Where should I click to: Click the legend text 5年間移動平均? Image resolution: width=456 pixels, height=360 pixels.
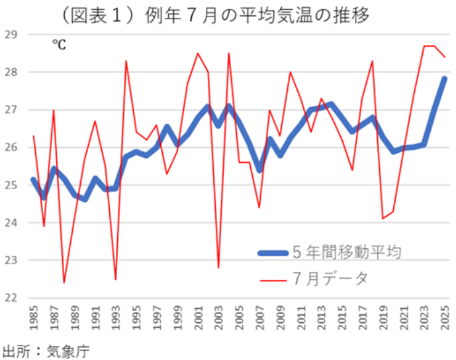(x=353, y=251)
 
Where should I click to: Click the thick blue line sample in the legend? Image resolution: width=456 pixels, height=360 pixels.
(x=272, y=252)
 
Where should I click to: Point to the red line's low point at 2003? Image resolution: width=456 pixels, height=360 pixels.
(x=218, y=267)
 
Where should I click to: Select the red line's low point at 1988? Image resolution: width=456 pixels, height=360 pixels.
(x=64, y=283)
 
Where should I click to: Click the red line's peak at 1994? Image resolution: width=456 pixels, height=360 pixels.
(x=126, y=61)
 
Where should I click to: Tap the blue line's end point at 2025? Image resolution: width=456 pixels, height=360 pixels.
(x=445, y=79)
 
